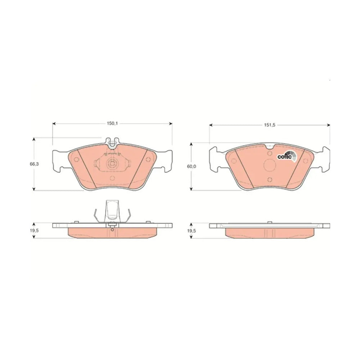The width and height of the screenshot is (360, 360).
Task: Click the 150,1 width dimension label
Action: coord(112,123)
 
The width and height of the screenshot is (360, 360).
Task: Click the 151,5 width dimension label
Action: coord(270,125)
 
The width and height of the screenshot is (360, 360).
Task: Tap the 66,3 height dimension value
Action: coord(34,164)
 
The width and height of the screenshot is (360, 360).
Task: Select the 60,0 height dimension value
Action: coord(192,166)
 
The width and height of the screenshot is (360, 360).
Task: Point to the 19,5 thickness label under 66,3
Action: coord(34,231)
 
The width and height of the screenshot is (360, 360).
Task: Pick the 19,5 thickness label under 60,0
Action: coord(192,231)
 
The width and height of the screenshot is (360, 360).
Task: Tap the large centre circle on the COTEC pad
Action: coord(270,165)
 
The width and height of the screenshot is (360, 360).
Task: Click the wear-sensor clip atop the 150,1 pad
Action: coord(112,142)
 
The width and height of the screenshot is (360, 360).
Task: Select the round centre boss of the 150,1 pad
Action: coord(112,165)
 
